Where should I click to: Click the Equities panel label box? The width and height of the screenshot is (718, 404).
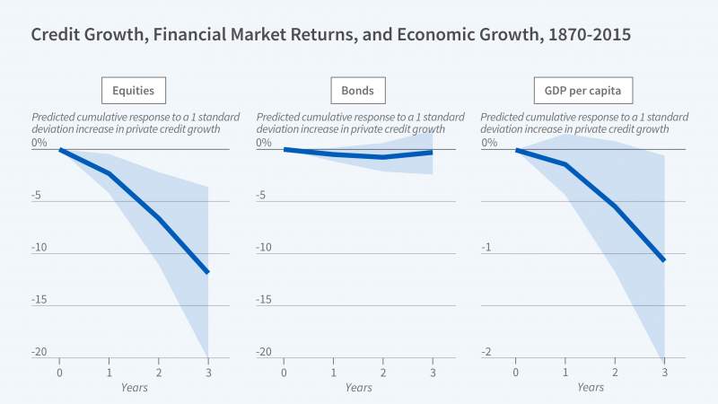[134, 91]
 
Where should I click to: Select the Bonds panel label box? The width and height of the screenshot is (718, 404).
[358, 91]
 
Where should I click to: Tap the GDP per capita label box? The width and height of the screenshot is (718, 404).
[582, 91]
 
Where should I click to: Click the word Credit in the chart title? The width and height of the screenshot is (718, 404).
[57, 36]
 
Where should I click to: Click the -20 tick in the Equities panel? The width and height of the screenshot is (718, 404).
[39, 351]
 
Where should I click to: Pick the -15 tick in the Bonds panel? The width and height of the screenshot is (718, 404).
[264, 299]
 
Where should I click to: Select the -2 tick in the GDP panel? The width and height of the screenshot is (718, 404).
[487, 351]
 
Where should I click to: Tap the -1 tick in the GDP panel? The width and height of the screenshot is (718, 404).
[487, 247]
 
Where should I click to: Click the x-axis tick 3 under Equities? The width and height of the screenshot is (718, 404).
[208, 373]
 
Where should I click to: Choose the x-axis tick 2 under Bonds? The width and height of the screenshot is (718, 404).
[383, 373]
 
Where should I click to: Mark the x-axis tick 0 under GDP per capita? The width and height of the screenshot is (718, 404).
[516, 373]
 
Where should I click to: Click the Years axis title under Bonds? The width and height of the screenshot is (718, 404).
[358, 388]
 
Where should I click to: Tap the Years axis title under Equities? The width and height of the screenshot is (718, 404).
[134, 388]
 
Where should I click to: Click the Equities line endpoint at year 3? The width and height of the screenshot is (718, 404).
[208, 272]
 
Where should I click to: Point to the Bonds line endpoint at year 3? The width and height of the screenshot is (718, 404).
[433, 153]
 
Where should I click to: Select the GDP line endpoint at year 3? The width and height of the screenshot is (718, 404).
[664, 260]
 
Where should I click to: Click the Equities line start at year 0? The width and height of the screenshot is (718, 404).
[60, 149]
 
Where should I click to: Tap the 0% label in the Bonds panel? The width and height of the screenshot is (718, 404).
[264, 143]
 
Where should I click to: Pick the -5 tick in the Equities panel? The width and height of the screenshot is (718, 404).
[39, 195]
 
